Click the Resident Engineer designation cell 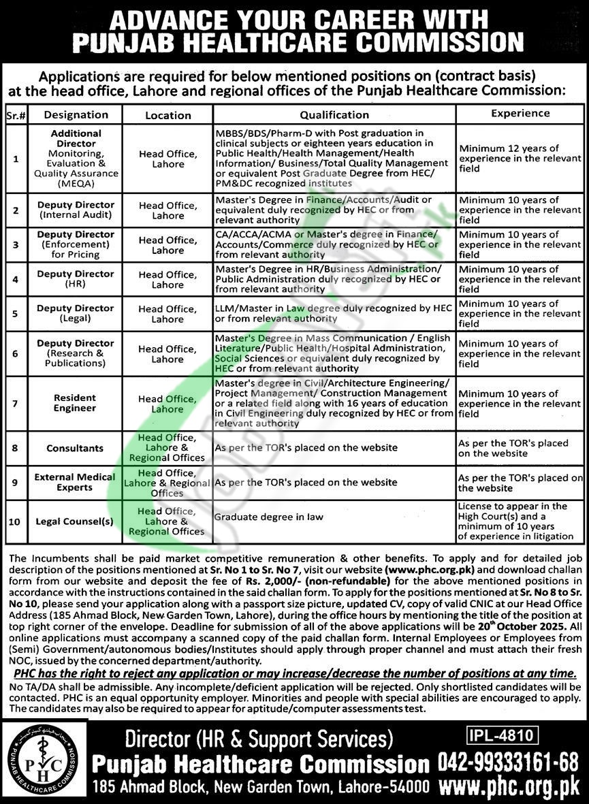tap(76, 403)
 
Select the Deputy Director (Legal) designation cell tap(76, 313)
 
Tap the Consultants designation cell tap(76, 448)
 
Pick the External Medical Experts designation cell tap(76, 482)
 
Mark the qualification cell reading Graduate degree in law tap(269, 517)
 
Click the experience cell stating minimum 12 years tap(520, 158)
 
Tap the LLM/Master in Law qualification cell tap(333, 313)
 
